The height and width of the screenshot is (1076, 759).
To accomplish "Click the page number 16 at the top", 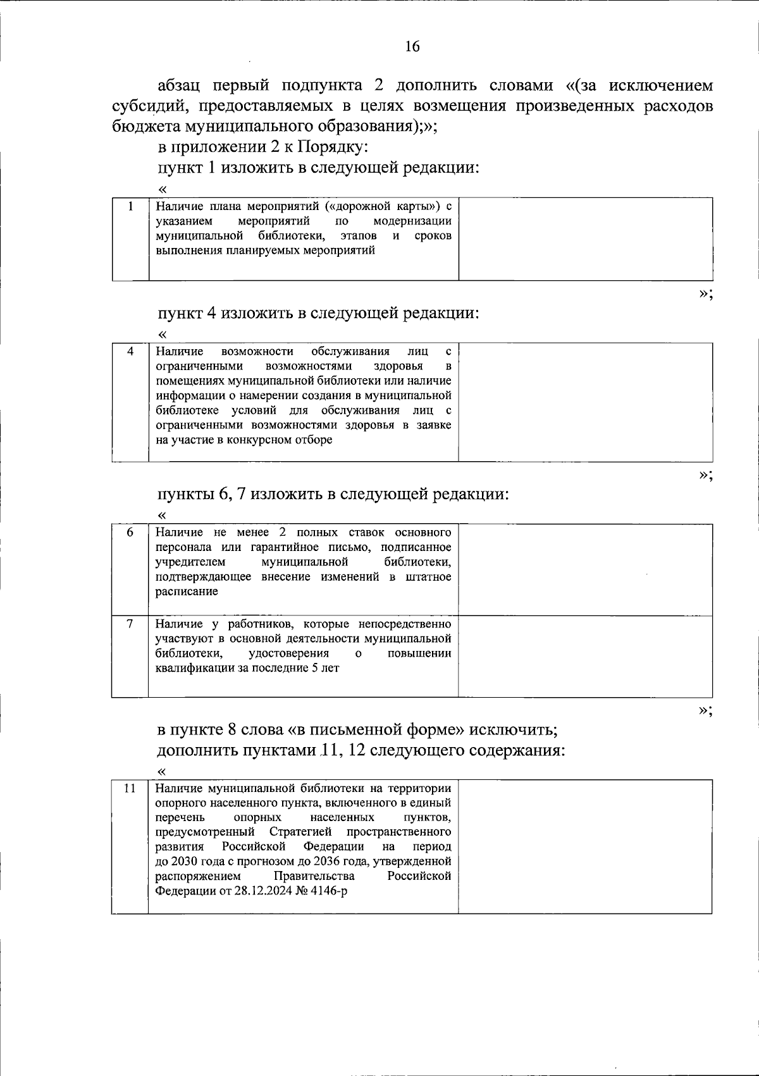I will pyautogui.click(x=412, y=47).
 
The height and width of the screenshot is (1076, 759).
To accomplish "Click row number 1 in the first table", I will pyautogui.click(x=131, y=206).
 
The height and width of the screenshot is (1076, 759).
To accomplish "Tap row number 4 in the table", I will pyautogui.click(x=131, y=352).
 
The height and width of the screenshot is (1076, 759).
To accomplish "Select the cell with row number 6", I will pyautogui.click(x=130, y=532).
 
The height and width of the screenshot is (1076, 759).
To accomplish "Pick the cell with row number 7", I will pyautogui.click(x=130, y=624).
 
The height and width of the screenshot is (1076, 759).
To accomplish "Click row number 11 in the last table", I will pyautogui.click(x=130, y=788).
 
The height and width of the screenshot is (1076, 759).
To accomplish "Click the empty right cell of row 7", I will pyautogui.click(x=585, y=656).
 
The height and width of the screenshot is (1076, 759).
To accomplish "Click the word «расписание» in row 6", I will pyautogui.click(x=187, y=591).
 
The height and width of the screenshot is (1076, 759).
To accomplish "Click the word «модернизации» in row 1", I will pyautogui.click(x=412, y=221).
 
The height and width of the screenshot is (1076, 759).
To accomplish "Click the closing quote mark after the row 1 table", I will pyautogui.click(x=705, y=294).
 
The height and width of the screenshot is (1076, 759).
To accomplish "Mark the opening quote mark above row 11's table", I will pyautogui.click(x=162, y=771).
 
